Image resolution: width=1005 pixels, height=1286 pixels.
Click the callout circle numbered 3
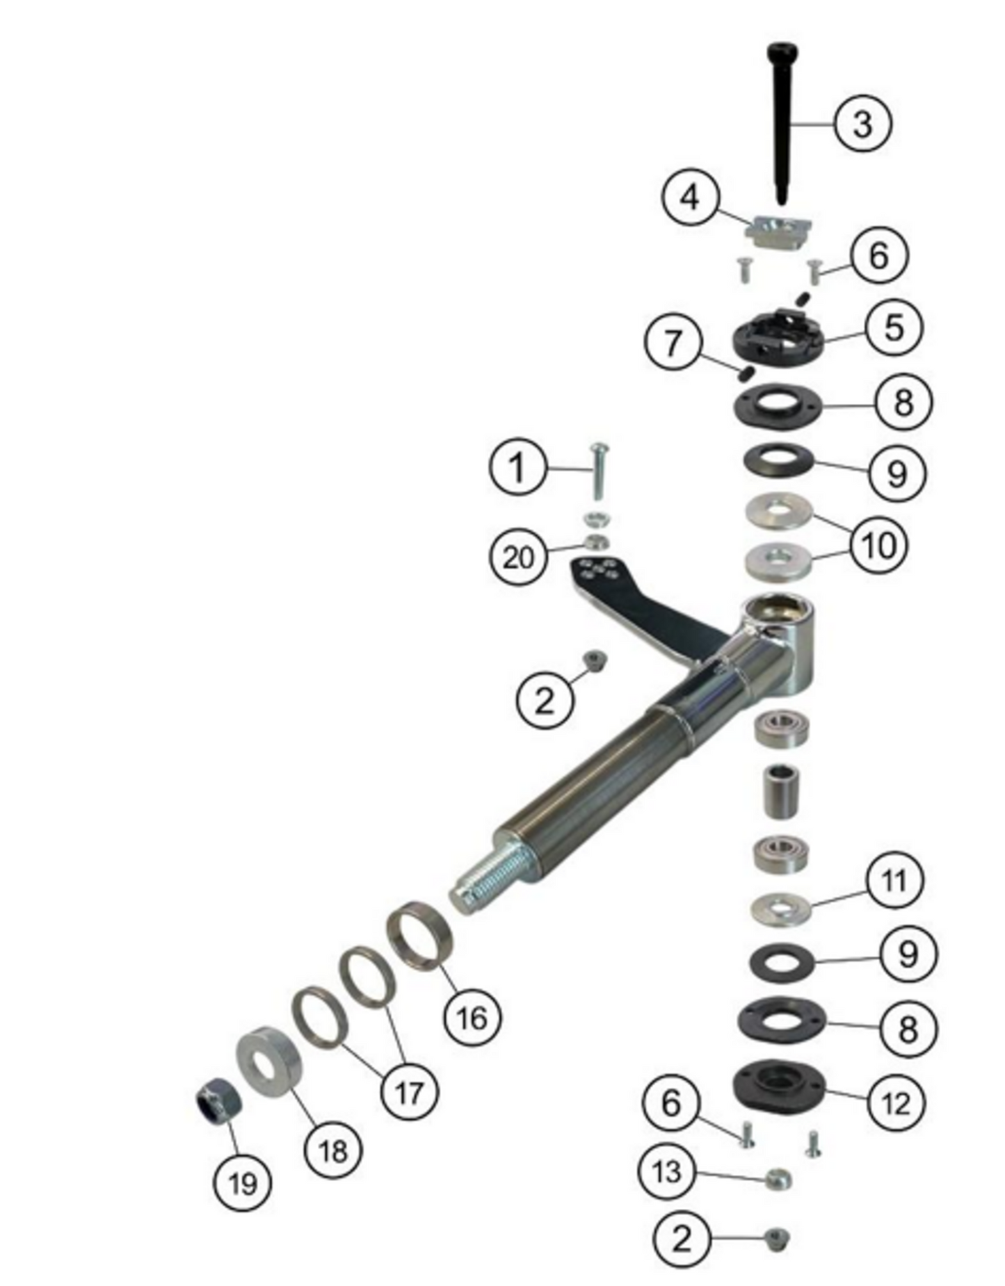point(862,124)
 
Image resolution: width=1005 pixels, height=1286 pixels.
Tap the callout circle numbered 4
point(690,198)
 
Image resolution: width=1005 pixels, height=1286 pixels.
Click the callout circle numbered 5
point(894,327)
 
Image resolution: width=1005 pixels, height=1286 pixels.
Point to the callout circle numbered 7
point(673,343)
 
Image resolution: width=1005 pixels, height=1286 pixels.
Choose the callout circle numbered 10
point(879,545)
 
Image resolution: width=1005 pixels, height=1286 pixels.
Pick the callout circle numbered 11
point(894,881)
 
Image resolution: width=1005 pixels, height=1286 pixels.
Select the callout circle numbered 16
point(472,1018)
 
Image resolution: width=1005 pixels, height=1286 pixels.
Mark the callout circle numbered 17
point(410,1092)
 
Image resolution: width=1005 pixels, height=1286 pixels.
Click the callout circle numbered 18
point(333,1151)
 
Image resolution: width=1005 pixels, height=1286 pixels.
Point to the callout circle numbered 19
point(243,1183)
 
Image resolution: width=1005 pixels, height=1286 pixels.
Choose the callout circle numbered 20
point(518,557)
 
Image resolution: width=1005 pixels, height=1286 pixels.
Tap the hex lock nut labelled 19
point(219,1100)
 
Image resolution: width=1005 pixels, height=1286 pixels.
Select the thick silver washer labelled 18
point(270,1062)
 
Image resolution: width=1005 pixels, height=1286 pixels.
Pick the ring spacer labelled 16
point(419,936)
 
